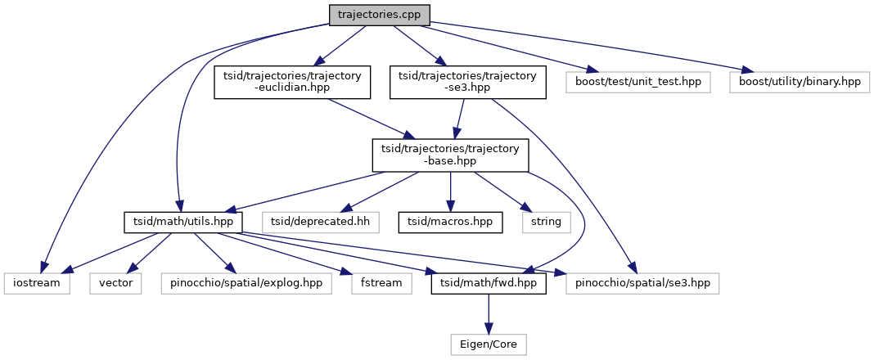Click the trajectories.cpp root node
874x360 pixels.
pyautogui.click(x=379, y=15)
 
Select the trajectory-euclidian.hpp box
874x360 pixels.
pyautogui.click(x=292, y=83)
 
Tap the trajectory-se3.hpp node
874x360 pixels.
pyautogui.click(x=467, y=83)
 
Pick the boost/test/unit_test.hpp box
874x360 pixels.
pyautogui.click(x=638, y=83)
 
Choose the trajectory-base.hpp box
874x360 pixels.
pyautogui.click(x=449, y=155)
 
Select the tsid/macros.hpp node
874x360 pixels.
pyautogui.click(x=450, y=222)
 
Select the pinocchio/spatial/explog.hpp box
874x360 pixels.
pyautogui.click(x=246, y=284)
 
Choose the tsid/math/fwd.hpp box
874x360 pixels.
pyautogui.click(x=489, y=284)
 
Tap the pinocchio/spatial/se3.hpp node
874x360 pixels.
pyautogui.click(x=642, y=284)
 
